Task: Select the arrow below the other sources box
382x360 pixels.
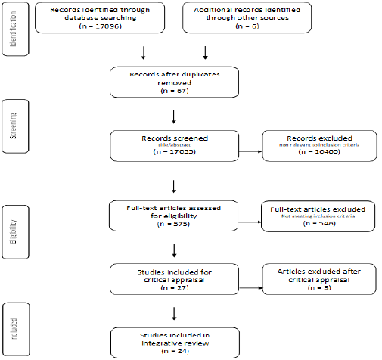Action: tap(205, 53)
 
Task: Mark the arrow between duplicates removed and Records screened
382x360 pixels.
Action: tap(175, 116)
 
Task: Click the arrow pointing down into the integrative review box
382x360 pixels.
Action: tap(175, 311)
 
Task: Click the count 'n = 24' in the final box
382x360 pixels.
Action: tap(175, 350)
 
